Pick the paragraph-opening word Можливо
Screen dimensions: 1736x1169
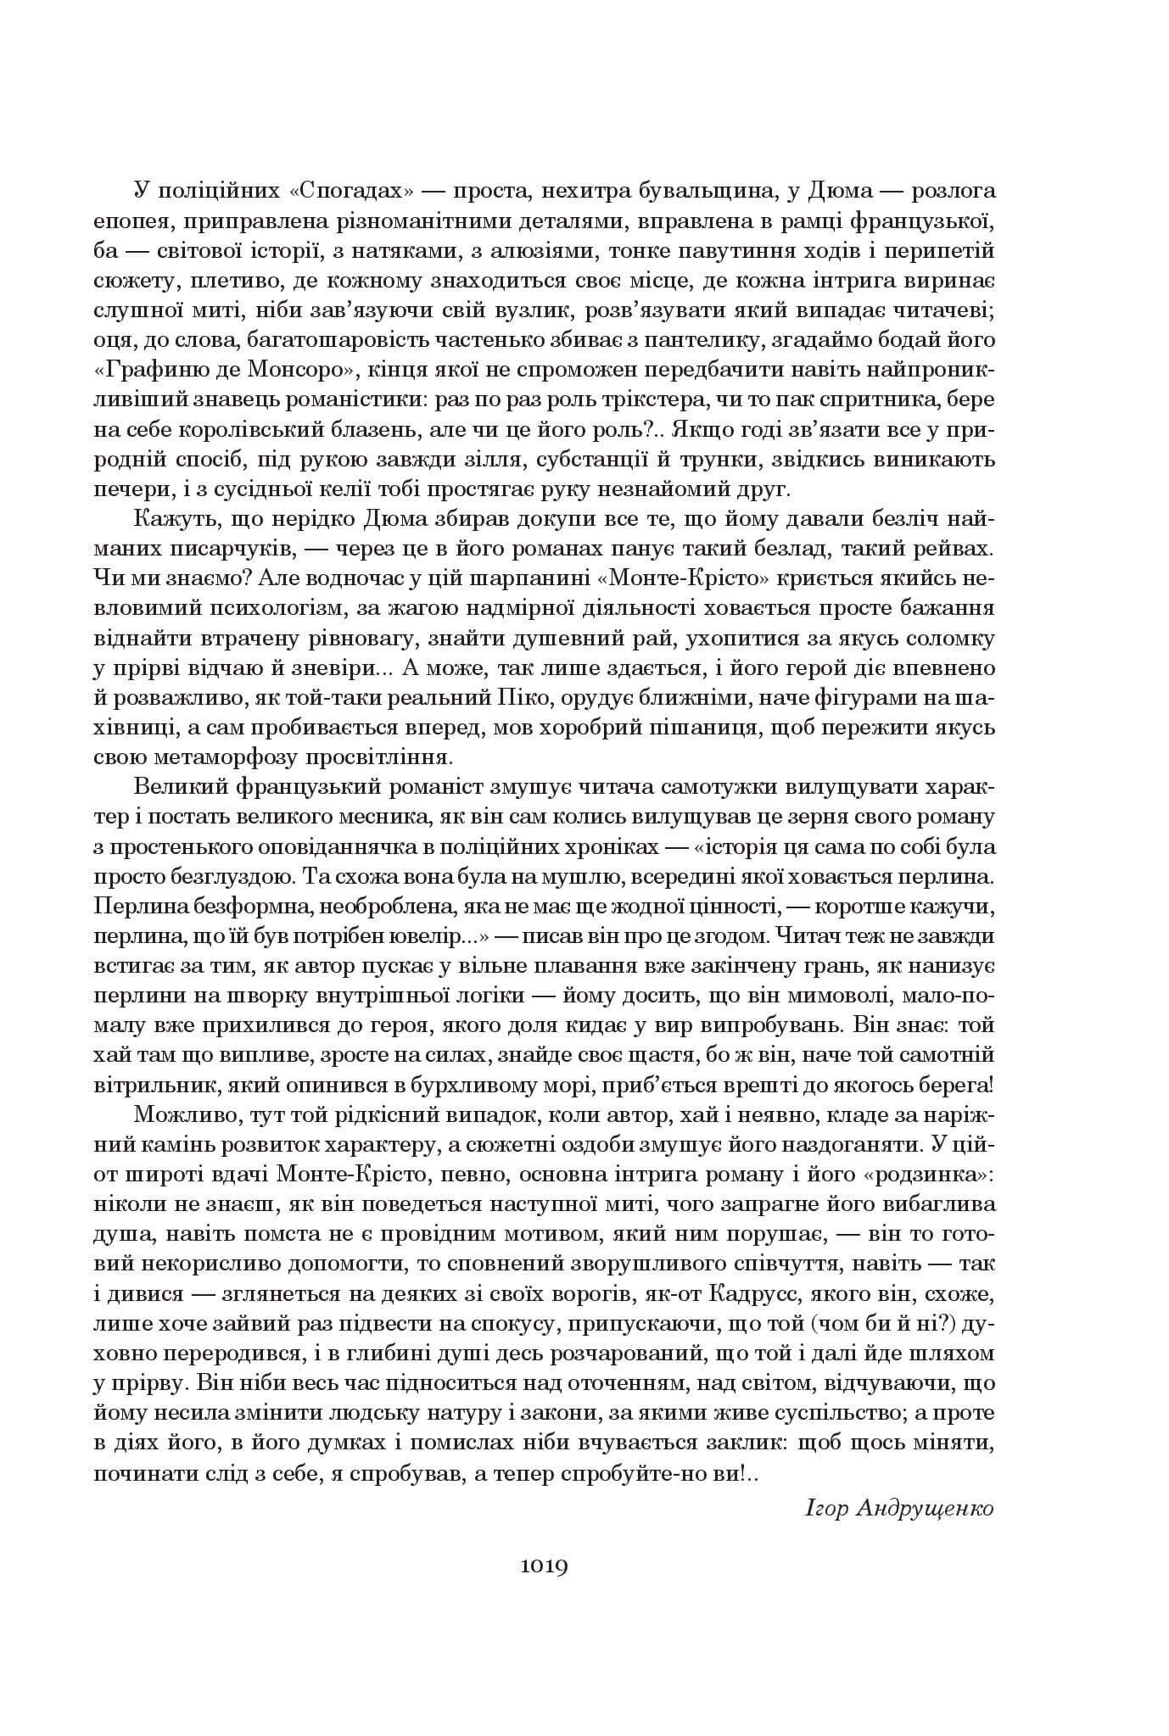coord(180,1116)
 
